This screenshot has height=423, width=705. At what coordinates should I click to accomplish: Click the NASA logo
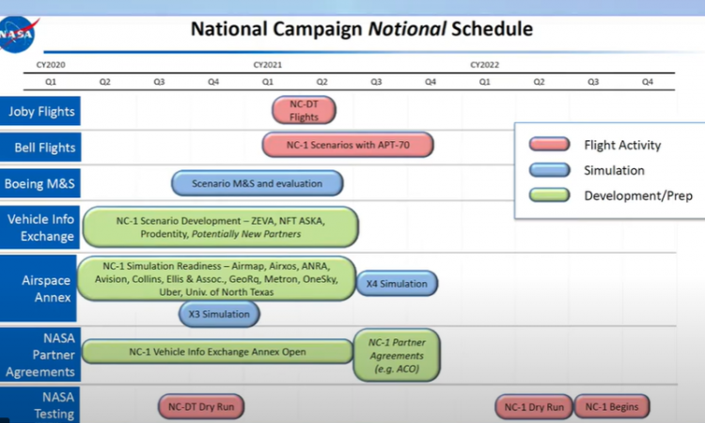tap(17, 34)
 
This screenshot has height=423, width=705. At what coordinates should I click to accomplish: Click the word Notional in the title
tap(407, 29)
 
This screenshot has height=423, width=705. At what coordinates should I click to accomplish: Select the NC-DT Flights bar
tap(304, 110)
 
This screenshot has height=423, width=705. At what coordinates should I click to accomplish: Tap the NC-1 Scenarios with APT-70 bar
tap(348, 145)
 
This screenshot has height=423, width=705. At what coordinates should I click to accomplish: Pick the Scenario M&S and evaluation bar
tap(258, 183)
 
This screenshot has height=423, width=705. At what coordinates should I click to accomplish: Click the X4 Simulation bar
tap(397, 284)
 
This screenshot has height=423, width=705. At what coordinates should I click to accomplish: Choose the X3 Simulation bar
tap(219, 314)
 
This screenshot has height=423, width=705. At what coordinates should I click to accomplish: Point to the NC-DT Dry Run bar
tap(201, 406)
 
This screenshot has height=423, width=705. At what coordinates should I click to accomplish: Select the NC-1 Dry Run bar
tap(534, 407)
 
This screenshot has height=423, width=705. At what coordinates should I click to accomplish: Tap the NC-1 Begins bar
tap(612, 407)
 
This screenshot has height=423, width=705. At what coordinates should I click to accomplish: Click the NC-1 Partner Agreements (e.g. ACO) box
tap(397, 355)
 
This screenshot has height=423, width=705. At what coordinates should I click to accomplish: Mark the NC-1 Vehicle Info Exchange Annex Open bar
tap(218, 352)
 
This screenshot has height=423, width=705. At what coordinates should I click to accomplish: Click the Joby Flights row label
tap(40, 111)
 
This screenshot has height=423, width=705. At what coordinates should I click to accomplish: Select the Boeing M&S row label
tap(40, 183)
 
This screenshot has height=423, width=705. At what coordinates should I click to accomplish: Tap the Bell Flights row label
tap(40, 147)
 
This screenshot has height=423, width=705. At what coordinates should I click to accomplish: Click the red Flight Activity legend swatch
tap(550, 145)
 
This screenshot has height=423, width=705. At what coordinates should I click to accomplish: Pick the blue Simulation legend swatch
tap(550, 170)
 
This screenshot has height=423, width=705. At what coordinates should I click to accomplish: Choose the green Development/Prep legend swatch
tap(550, 196)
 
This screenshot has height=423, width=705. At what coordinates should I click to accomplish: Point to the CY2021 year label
tap(268, 65)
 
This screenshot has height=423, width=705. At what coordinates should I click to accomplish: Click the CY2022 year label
tap(485, 65)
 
